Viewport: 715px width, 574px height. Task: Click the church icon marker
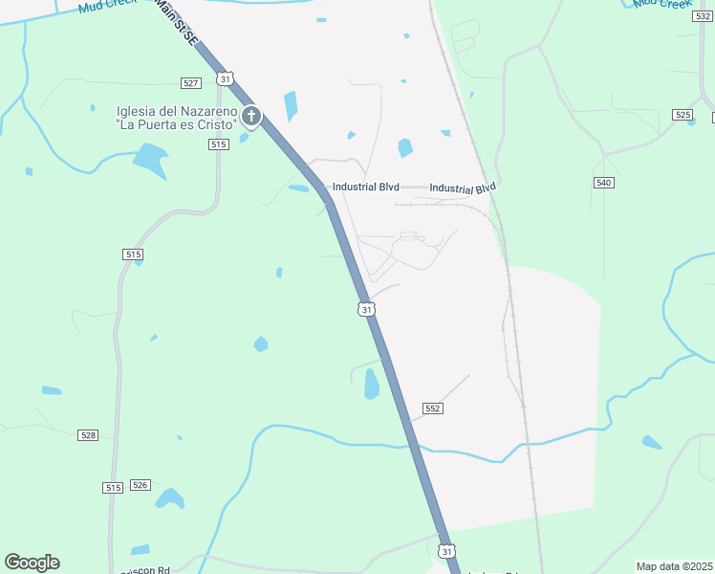[251, 117]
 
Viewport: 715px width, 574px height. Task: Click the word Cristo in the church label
[215, 125]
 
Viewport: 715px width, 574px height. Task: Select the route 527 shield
[189, 83]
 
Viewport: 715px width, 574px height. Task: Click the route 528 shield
[88, 435]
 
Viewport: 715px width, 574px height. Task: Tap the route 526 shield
[141, 485]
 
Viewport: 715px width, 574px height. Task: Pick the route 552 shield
[432, 408]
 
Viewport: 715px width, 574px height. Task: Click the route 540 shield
[603, 183]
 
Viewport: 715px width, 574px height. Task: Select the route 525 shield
[682, 115]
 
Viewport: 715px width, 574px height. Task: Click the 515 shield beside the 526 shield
[113, 488]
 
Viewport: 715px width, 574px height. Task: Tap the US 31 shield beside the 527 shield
[225, 77]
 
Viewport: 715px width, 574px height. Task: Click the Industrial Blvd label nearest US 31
[365, 188]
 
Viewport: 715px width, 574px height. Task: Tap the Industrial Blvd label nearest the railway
[463, 188]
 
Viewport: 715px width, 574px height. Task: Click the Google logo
[32, 563]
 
